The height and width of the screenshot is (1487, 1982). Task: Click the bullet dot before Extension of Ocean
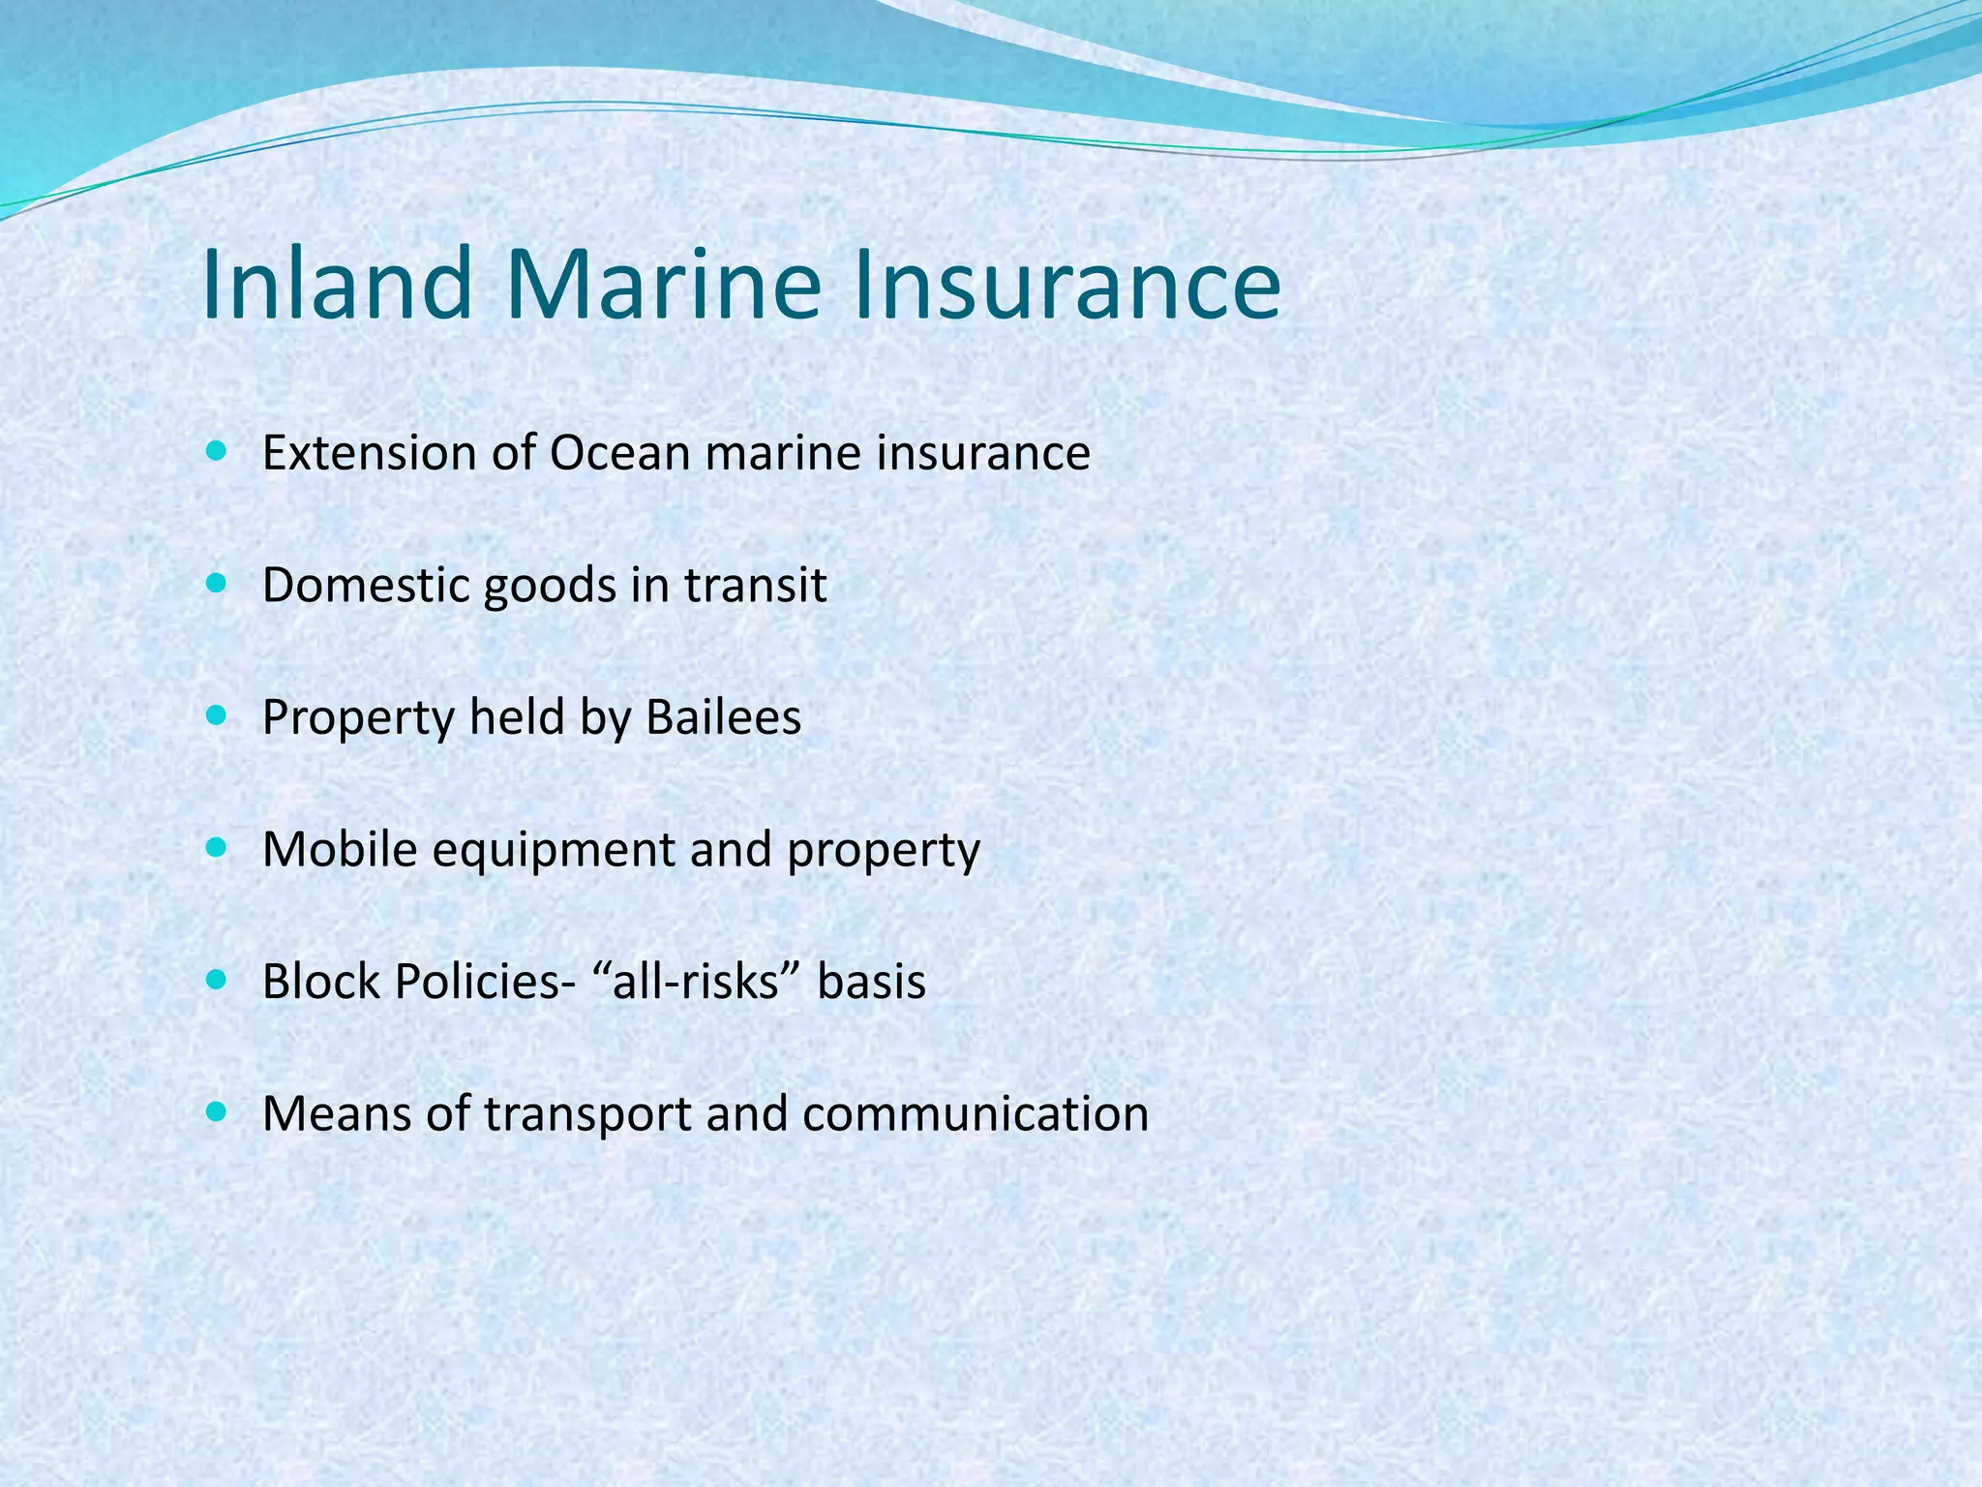[217, 452]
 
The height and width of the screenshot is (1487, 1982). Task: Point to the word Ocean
[619, 453]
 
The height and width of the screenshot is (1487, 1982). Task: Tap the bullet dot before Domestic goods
[217, 584]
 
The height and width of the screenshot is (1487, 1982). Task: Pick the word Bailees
[723, 717]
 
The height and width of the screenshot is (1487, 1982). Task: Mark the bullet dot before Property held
[217, 716]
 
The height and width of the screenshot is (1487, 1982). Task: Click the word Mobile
[339, 850]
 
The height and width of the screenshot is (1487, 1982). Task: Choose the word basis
[871, 982]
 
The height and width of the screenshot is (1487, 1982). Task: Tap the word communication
[975, 1114]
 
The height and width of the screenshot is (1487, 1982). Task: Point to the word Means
[336, 1114]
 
